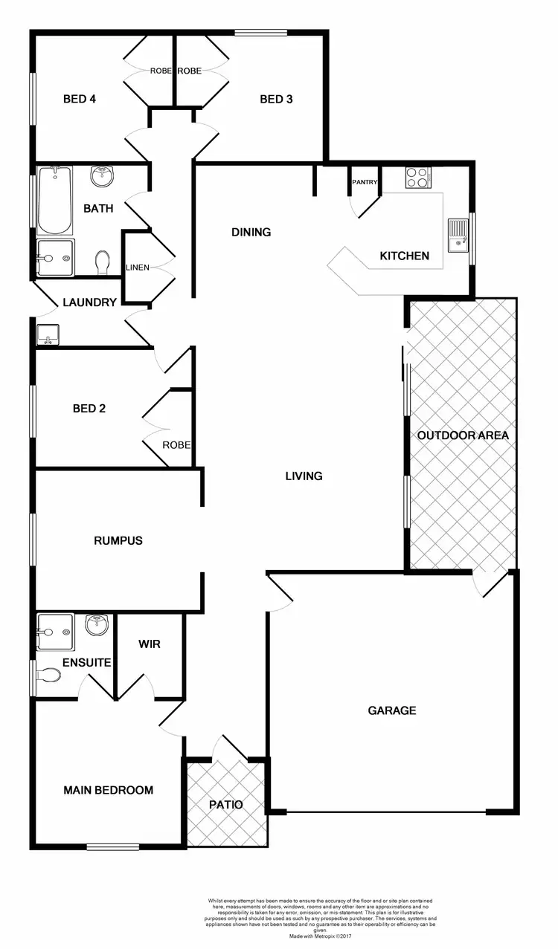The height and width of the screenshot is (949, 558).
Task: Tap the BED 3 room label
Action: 276,99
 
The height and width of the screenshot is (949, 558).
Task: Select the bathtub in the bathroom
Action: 55,199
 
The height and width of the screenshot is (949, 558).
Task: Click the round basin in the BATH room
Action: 101,177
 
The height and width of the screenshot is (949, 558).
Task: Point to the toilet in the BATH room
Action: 103,262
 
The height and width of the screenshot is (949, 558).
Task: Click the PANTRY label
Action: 365,182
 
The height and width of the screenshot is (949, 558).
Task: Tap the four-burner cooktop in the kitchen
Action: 417,177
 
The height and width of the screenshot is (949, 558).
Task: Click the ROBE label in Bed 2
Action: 177,445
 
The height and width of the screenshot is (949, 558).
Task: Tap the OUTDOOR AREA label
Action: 463,435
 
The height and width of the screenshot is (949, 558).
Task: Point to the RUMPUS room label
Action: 118,540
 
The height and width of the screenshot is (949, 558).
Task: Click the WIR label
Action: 150,644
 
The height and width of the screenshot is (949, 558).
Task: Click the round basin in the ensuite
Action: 97,626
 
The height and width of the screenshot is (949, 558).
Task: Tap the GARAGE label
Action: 392,710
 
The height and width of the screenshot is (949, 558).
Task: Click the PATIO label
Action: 226,804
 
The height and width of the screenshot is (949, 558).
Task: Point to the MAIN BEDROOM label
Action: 109,790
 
